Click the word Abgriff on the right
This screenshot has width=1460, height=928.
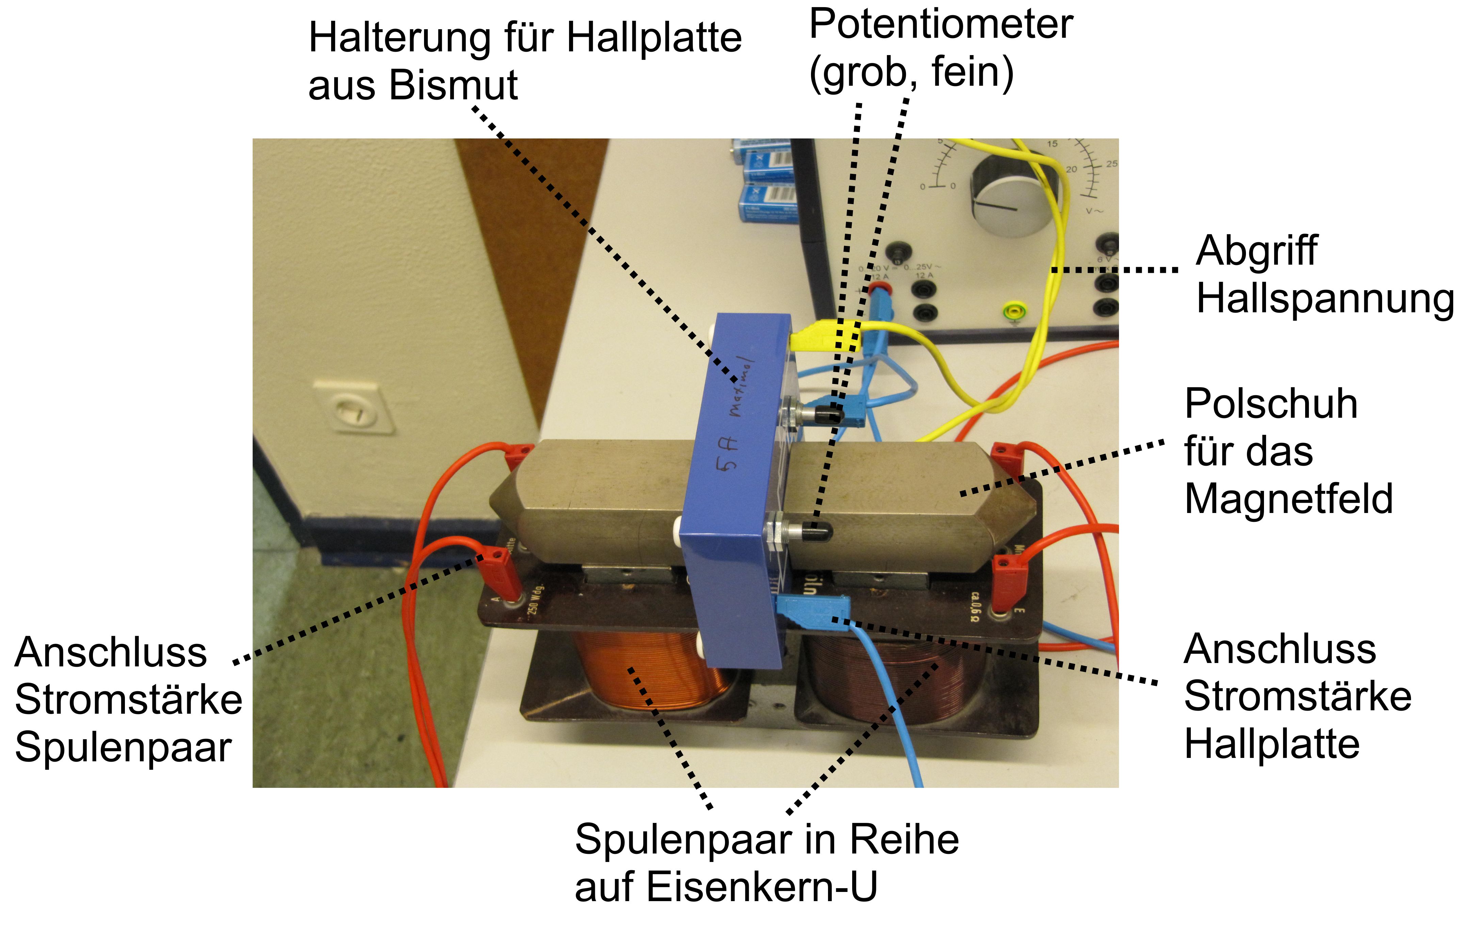pos(1256,251)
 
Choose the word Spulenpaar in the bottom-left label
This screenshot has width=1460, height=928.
pos(123,747)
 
